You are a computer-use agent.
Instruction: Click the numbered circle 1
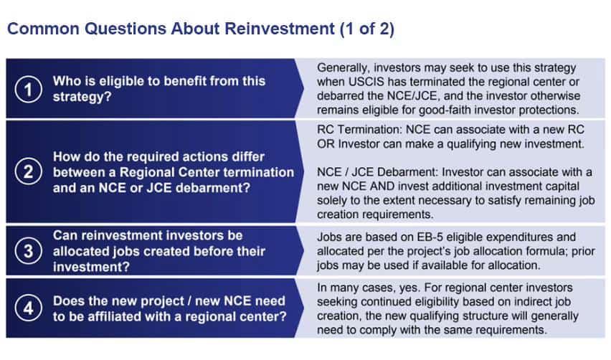[29, 89]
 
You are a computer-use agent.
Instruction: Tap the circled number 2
[29, 172]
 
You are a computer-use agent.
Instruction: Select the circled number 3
[29, 251]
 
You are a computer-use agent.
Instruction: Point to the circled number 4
[29, 308]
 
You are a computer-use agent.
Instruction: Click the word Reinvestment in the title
[280, 29]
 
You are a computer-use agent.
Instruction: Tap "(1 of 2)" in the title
[367, 29]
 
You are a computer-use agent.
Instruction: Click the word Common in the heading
[43, 29]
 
